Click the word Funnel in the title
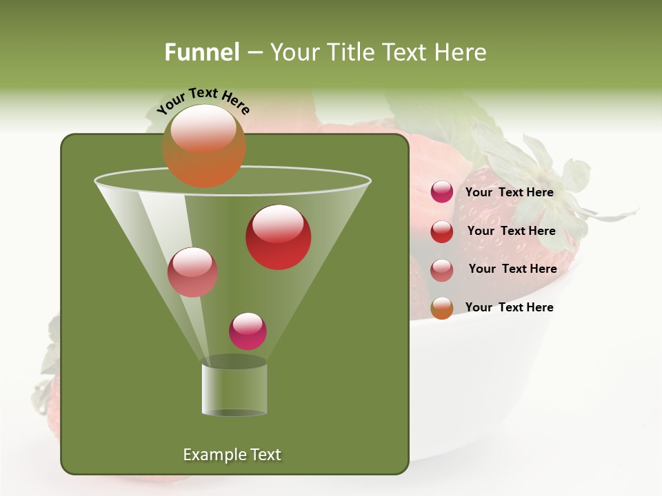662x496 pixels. coord(201,52)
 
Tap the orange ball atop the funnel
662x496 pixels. coord(203,145)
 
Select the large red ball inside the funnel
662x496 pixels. coord(278,237)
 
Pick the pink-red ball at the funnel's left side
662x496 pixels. coord(192,272)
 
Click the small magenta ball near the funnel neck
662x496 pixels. coord(248,331)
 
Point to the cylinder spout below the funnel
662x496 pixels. coord(234,389)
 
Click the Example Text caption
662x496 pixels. coord(232,455)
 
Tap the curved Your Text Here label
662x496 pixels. coord(203,99)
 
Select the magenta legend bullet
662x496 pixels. coord(442,192)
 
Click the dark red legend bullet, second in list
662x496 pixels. coord(442,231)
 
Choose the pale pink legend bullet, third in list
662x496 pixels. coord(442,270)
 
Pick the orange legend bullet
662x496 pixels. coord(442,308)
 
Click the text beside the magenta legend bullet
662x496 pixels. coord(509,192)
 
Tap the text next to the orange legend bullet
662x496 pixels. coord(509,307)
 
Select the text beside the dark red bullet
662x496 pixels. coord(511,231)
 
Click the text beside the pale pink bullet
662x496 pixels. coord(512,269)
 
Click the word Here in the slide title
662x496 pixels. coord(461,52)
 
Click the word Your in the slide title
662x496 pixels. coord(292,52)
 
